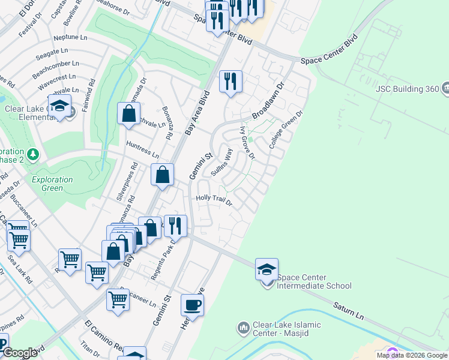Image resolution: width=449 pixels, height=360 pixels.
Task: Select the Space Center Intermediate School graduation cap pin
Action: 267,270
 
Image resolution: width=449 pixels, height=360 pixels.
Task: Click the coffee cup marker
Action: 192,305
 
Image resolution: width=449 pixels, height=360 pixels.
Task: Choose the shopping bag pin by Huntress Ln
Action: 162,175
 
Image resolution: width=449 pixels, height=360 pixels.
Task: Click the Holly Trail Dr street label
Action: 214,200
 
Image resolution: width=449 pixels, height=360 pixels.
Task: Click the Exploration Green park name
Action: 52,184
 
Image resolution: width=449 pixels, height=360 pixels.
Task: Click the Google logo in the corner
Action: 20,353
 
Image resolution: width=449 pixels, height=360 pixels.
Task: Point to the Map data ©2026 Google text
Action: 412,355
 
